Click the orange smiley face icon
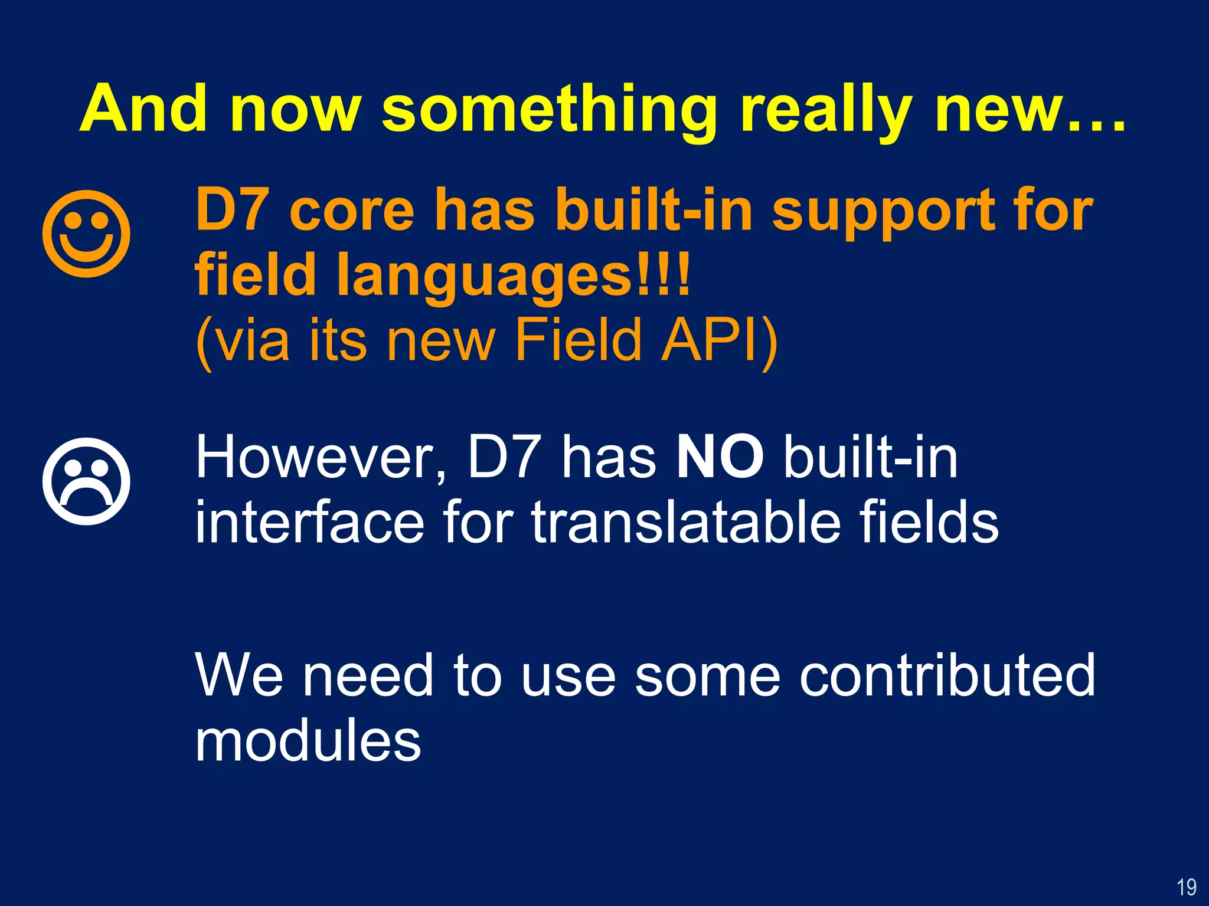[x=86, y=234]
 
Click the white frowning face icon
[x=86, y=481]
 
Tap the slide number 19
[x=1186, y=887]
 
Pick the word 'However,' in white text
[x=322, y=459]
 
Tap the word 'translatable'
[x=685, y=522]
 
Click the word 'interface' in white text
[x=309, y=522]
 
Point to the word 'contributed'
[x=947, y=675]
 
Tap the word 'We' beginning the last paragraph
[x=240, y=675]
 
